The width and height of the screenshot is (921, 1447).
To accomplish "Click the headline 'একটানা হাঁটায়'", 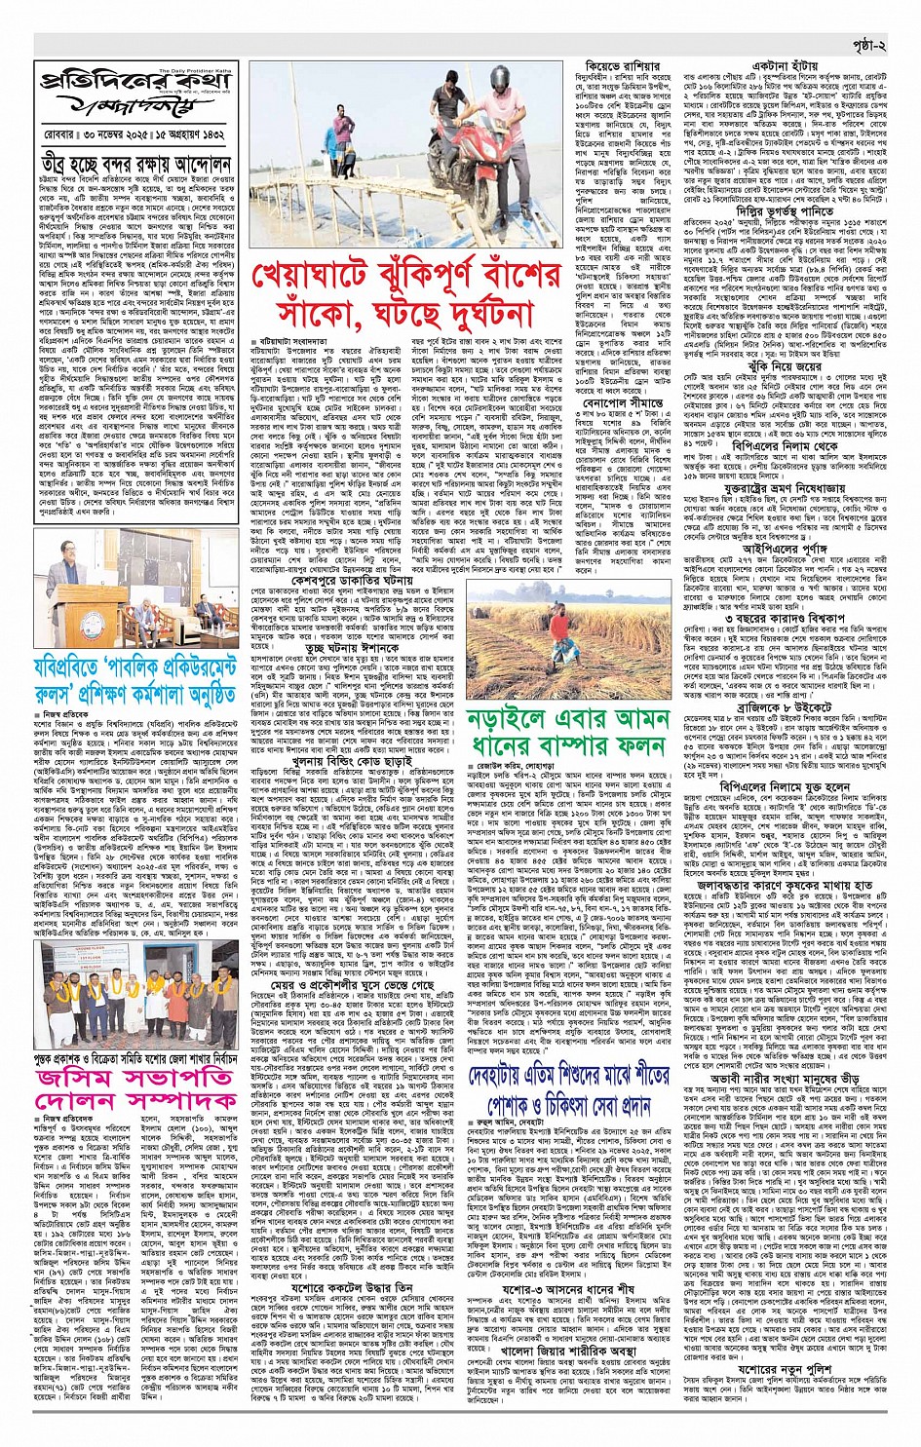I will click(769, 65).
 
